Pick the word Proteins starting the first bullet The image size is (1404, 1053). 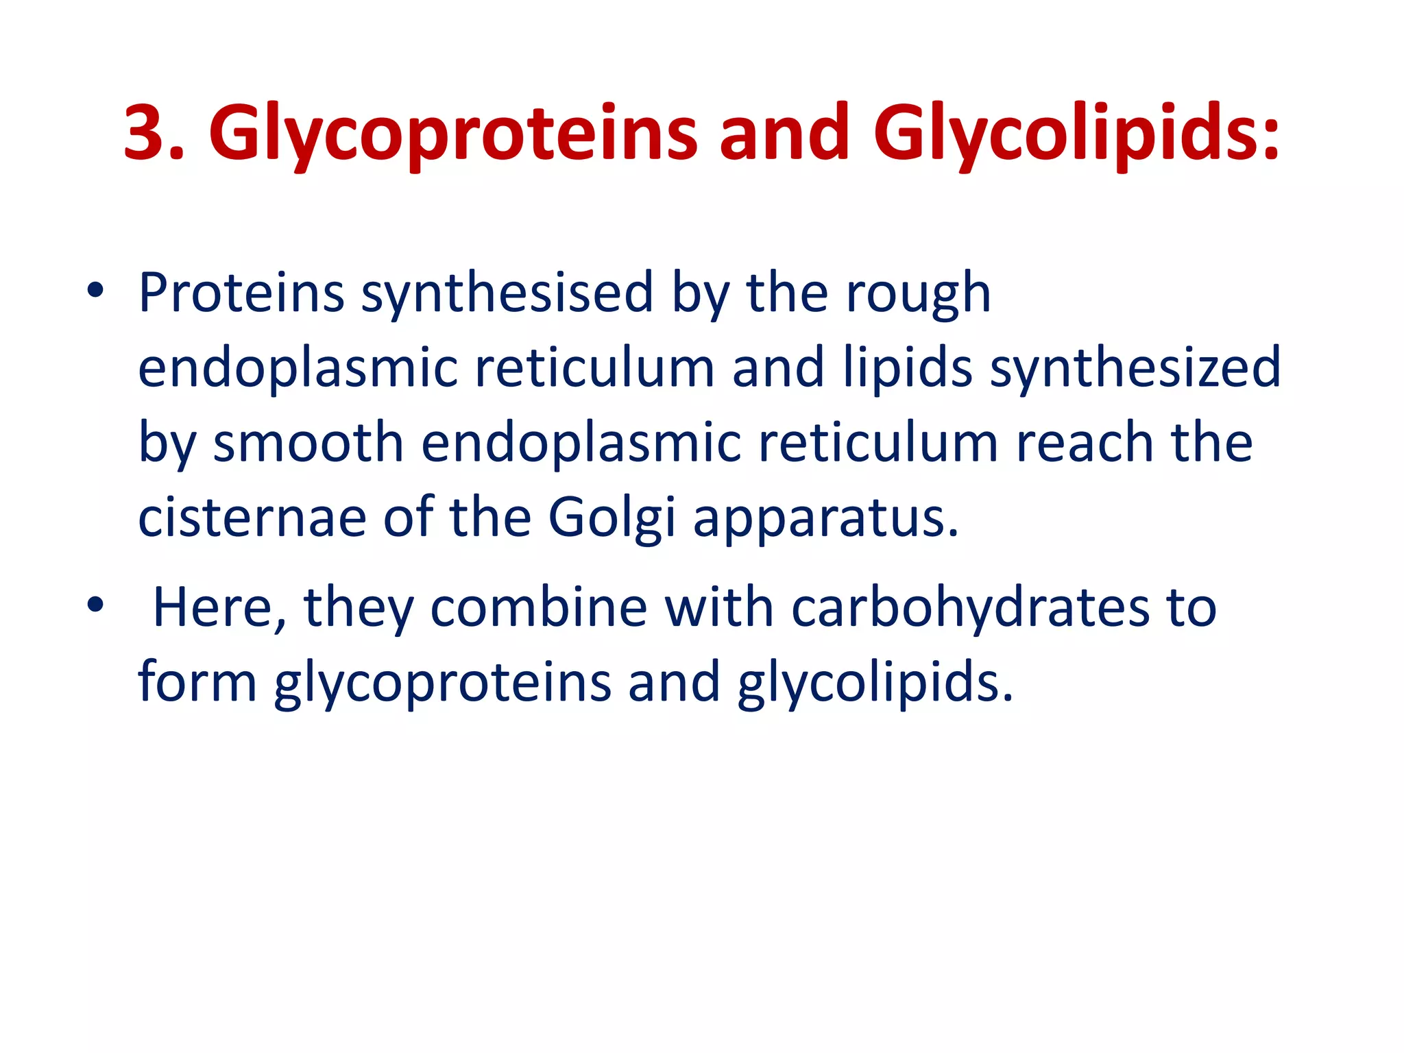tap(241, 293)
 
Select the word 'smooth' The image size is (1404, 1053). tap(308, 442)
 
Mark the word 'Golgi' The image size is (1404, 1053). tap(612, 518)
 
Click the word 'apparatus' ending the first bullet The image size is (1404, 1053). tap(825, 518)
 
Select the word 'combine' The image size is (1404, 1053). tap(538, 607)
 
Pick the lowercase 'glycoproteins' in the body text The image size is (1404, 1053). tap(442, 683)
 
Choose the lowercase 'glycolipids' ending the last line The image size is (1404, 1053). tap(875, 683)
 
